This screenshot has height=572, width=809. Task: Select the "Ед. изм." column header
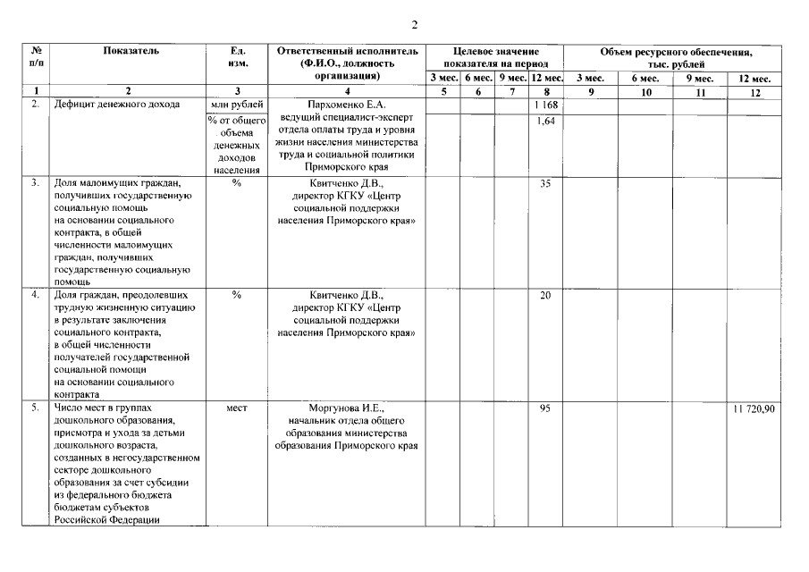pos(237,57)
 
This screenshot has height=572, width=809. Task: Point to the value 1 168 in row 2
pos(545,106)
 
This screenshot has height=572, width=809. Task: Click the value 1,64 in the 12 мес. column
pos(545,122)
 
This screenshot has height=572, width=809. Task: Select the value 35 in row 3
pos(545,184)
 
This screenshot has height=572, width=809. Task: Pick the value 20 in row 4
pos(545,296)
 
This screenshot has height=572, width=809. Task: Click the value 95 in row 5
pos(545,408)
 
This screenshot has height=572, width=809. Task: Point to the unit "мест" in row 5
pos(236,408)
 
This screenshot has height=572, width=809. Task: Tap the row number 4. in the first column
pos(35,295)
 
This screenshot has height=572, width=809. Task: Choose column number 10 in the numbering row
pos(645,92)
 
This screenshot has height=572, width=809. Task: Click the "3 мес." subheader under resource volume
pos(591,79)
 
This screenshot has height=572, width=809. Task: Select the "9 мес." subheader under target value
pos(512,79)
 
